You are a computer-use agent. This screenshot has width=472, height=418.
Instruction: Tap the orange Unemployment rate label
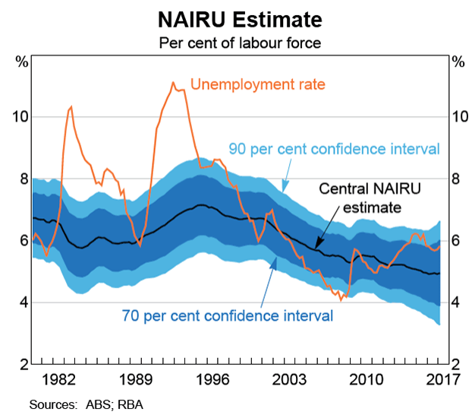(257, 84)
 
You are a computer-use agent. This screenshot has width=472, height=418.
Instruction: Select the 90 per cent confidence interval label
(335, 149)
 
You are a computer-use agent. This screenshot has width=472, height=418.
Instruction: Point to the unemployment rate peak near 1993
(173, 83)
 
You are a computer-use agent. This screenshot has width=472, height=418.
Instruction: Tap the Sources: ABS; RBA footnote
(86, 404)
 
